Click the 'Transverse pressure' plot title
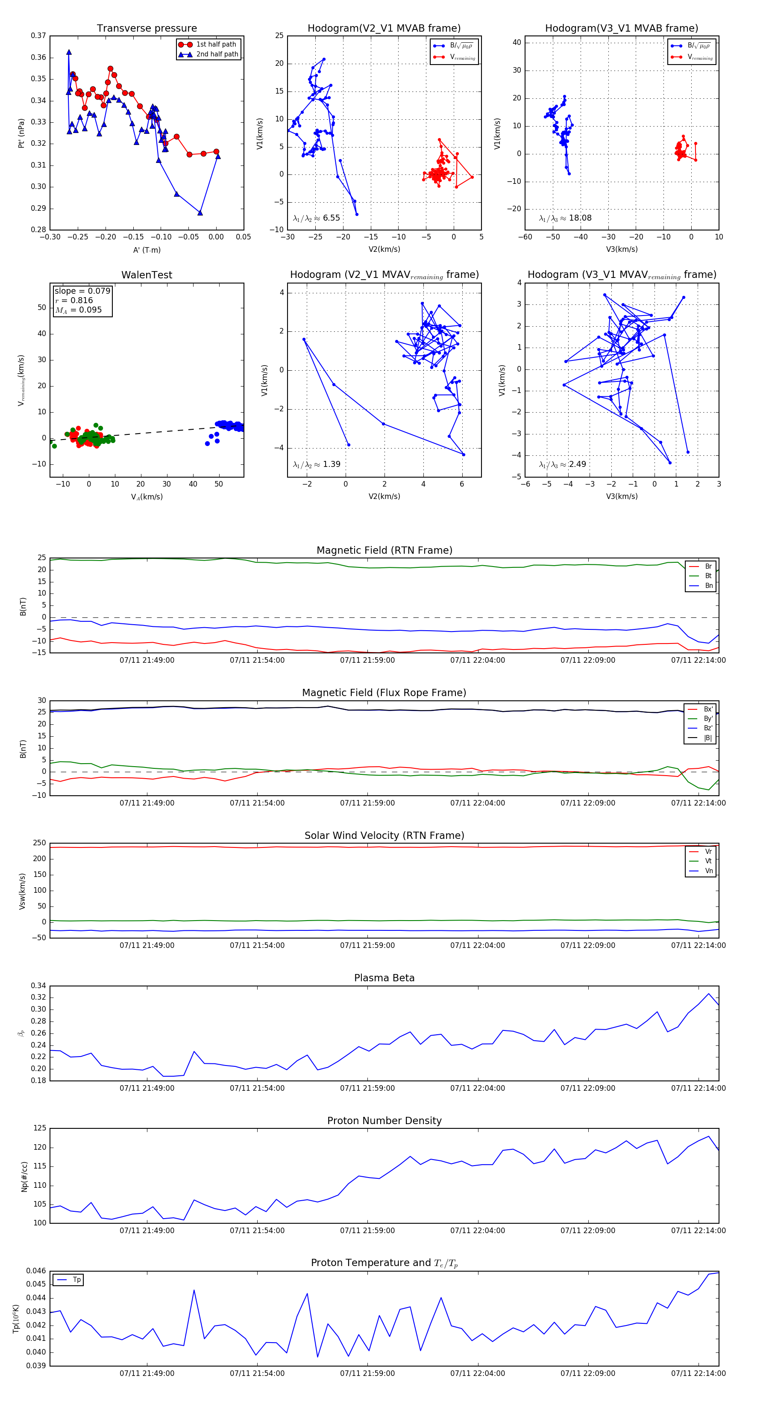147,29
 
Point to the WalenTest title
147,275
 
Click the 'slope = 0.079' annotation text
82,291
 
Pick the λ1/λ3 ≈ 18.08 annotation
565,218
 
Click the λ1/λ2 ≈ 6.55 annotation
316,218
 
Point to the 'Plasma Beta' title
384,978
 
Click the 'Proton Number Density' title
384,1120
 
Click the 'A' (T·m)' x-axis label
147,250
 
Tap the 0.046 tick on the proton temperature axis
37,1271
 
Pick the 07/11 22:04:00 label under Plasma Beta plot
477,1088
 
